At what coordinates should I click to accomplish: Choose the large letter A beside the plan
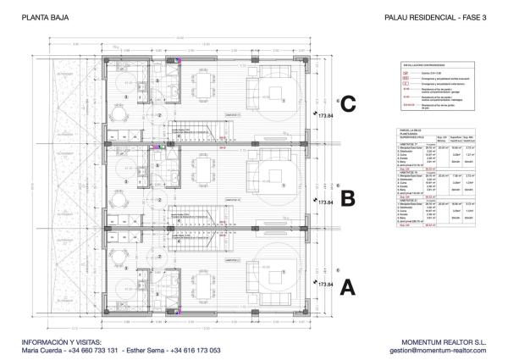click(346, 288)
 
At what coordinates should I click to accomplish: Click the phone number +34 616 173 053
click(196, 350)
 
